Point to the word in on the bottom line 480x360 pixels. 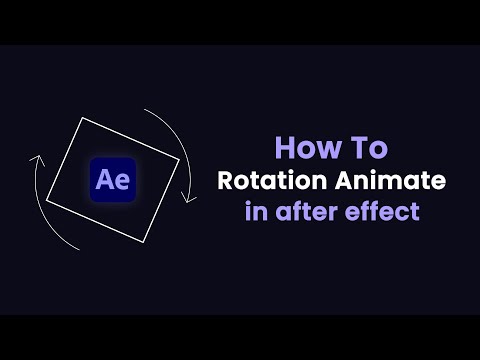254,212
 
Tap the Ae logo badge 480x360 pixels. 113,180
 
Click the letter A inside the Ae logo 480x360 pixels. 105,181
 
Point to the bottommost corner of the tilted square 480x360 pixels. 150,243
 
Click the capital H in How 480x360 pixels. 284,149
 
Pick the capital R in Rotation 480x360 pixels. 224,181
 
